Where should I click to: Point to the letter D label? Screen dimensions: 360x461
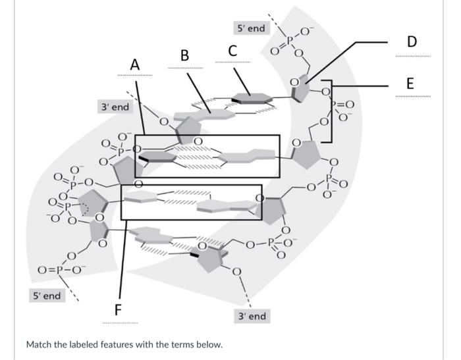pos(412,41)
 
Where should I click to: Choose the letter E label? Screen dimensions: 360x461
pos(411,84)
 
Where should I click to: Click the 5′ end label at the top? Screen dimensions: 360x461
pos(250,28)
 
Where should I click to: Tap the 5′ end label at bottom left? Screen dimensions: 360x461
pos(47,296)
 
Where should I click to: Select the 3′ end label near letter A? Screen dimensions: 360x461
pos(114,106)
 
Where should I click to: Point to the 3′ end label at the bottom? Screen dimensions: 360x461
pos(252,317)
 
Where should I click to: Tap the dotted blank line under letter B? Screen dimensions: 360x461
pos(185,68)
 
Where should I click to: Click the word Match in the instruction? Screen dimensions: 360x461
pos(39,344)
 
